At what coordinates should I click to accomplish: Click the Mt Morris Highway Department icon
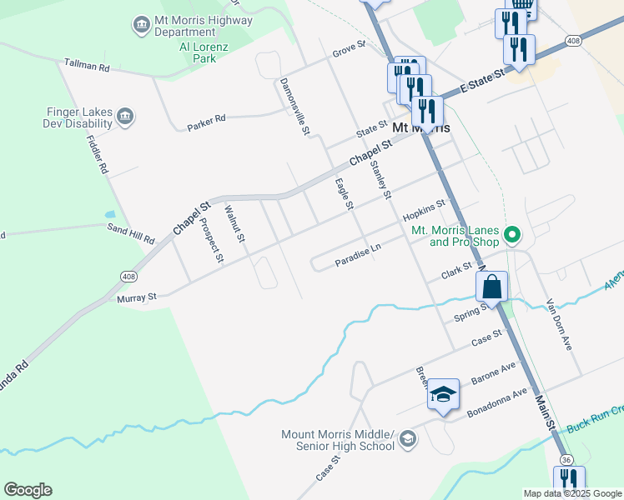tap(141, 25)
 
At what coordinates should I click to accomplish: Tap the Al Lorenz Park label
tap(199, 52)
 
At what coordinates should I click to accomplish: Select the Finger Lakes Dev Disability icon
tap(125, 116)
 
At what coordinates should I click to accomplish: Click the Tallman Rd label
tap(87, 65)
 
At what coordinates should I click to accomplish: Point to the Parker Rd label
tap(206, 119)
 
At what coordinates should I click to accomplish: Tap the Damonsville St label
tap(294, 107)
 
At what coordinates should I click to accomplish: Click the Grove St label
tap(349, 49)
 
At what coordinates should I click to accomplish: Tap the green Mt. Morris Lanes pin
tap(513, 236)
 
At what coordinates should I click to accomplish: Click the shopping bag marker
tap(492, 287)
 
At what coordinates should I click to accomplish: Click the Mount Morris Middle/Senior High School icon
tap(408, 439)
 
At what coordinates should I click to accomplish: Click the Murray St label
tap(140, 297)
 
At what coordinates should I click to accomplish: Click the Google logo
tap(28, 490)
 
